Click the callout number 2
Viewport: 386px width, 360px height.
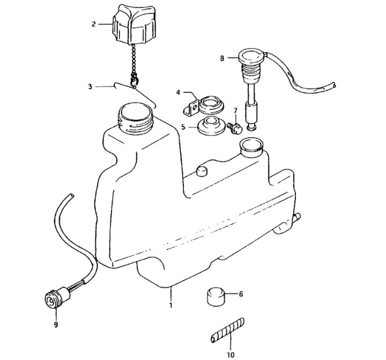click(x=93, y=24)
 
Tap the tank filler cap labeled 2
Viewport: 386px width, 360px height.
click(x=134, y=24)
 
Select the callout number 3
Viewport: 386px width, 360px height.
click(x=91, y=86)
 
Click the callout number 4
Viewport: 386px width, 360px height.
click(x=178, y=92)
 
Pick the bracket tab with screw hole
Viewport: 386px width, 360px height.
click(x=191, y=108)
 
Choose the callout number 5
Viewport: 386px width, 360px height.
click(x=183, y=127)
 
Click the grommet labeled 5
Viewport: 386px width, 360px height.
click(x=211, y=126)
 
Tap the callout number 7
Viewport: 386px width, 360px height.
click(x=235, y=110)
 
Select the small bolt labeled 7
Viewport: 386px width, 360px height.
click(x=235, y=128)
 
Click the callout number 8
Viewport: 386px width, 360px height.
click(x=222, y=58)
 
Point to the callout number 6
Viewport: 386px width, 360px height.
click(x=241, y=294)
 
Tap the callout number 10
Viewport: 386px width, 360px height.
click(x=231, y=355)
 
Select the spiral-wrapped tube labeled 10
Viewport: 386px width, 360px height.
click(x=228, y=330)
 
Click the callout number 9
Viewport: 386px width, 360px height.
click(x=56, y=325)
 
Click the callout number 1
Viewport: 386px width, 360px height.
click(x=170, y=305)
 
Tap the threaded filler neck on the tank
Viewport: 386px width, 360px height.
click(x=136, y=118)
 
